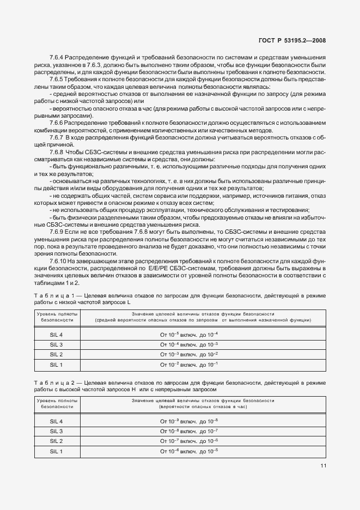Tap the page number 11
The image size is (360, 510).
323,465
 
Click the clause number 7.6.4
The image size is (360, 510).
58,57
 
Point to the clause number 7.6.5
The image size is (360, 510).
58,79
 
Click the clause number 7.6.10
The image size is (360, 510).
59,261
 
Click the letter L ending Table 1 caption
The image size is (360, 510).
129,302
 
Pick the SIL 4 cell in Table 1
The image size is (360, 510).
57,334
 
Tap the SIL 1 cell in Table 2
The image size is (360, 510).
57,452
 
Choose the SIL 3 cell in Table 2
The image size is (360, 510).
57,432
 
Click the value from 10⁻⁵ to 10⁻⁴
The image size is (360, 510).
188,334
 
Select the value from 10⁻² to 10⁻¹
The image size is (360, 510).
188,364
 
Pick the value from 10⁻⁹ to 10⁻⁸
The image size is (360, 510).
188,422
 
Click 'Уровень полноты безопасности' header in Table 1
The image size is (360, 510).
57,317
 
